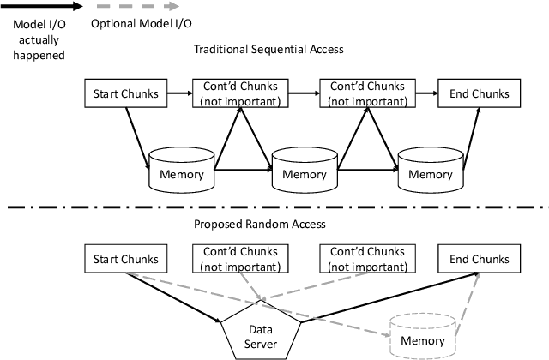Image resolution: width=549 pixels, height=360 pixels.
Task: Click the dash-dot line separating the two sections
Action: click(x=274, y=207)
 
